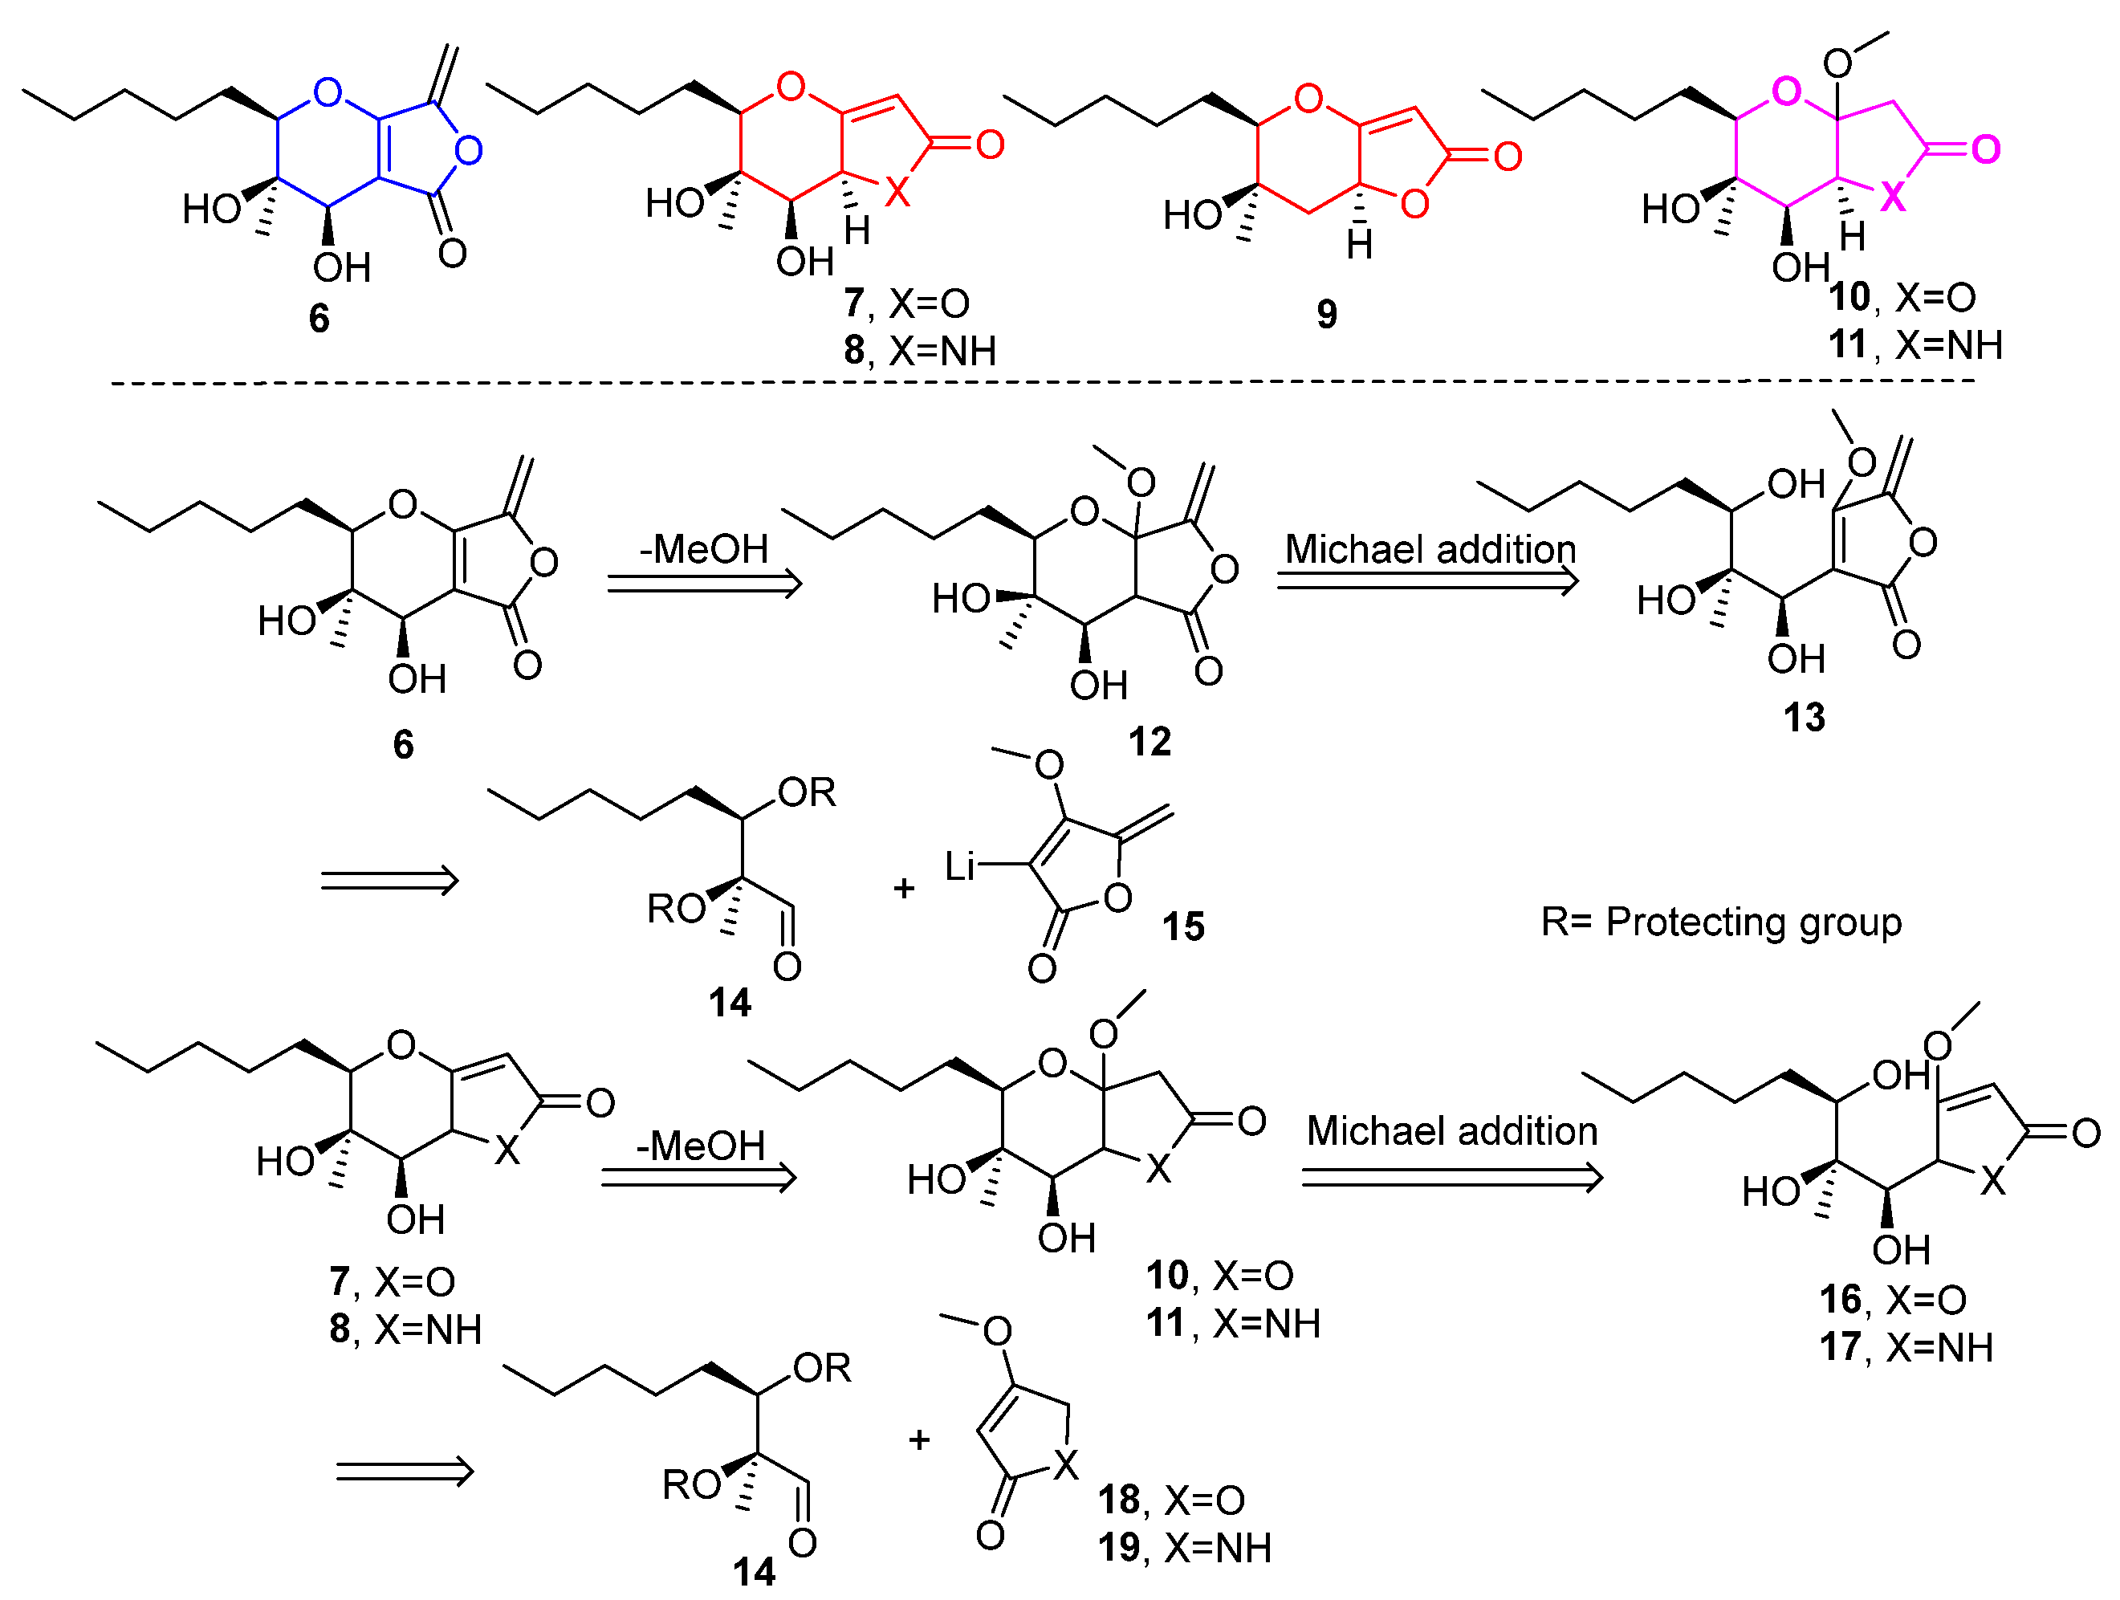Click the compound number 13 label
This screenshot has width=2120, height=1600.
(x=1804, y=718)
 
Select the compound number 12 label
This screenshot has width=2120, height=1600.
(x=1150, y=742)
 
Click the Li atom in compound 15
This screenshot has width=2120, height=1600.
(x=959, y=866)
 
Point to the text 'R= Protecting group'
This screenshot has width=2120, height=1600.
(x=1720, y=922)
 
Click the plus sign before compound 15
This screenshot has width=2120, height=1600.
(x=903, y=889)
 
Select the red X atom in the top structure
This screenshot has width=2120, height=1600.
(x=896, y=193)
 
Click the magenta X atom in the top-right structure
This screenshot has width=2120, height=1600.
(x=1892, y=198)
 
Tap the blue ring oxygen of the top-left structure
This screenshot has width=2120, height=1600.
(x=328, y=93)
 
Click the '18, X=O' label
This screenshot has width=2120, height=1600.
(x=1170, y=1500)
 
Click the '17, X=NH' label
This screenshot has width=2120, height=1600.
(x=1906, y=1348)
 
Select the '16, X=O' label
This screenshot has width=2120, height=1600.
(x=1892, y=1300)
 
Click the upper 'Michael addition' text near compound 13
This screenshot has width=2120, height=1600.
(x=1430, y=550)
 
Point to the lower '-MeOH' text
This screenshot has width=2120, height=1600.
(x=701, y=1146)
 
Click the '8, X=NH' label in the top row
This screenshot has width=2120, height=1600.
(x=919, y=352)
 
